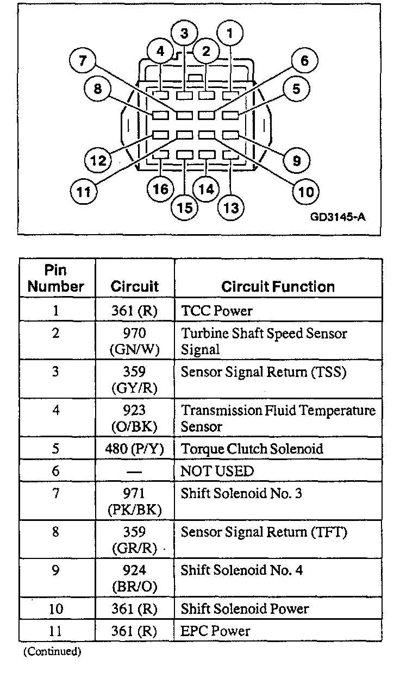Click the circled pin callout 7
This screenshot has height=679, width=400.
point(83,60)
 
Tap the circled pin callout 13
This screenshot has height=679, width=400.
point(231,208)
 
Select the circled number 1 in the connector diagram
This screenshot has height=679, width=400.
point(230,34)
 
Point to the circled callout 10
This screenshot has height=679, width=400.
point(305,191)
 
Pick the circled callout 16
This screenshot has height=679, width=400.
point(161,189)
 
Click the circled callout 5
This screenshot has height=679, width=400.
point(296,89)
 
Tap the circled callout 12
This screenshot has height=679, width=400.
point(98,161)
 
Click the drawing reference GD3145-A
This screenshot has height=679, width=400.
point(337,217)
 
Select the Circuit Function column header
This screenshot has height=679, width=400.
point(278,287)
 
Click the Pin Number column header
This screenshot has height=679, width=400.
point(57,278)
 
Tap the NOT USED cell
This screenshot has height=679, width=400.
point(217,471)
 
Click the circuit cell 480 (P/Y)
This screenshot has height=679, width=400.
point(134,449)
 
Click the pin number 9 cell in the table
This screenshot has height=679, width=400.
point(56,570)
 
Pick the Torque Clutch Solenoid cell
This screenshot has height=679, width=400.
point(252,449)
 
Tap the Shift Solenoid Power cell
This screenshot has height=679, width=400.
point(245,609)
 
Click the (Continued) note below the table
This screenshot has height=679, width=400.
point(52,652)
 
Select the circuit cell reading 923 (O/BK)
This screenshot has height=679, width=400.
point(134,418)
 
